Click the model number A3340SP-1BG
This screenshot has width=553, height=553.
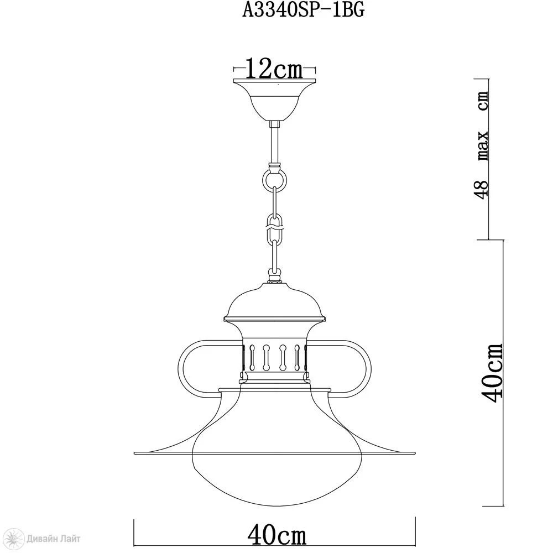(x=303, y=11)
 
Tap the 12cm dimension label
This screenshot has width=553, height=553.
(x=274, y=69)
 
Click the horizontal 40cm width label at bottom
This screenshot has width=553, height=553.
(x=277, y=536)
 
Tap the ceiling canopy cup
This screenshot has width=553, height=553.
(x=274, y=101)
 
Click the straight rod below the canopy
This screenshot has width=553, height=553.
(x=274, y=143)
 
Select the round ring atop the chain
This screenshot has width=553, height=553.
(x=274, y=180)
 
